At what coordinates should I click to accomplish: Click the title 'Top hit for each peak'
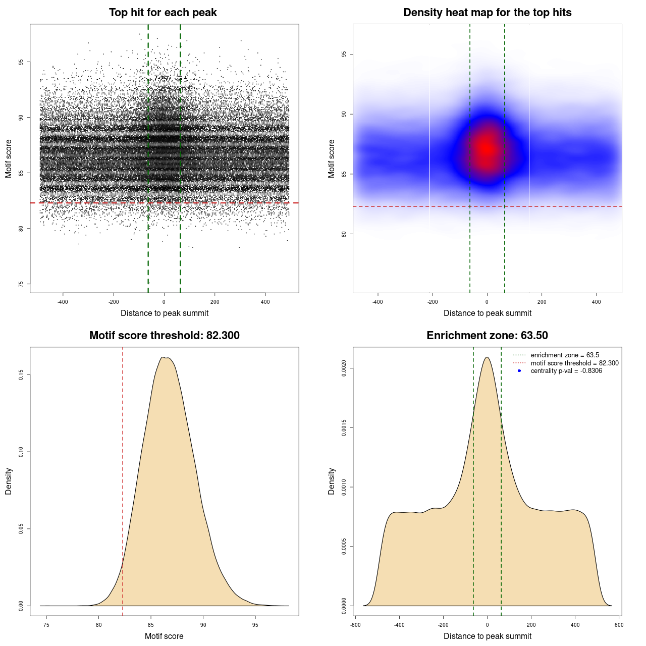(163, 13)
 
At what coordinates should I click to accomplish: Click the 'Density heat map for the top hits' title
(487, 13)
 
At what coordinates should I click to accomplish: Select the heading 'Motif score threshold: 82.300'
(164, 336)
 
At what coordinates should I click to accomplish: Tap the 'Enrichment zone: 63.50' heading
(487, 336)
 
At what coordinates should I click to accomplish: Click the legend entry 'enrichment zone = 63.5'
(564, 355)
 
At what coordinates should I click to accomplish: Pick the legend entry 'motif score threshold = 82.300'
(574, 363)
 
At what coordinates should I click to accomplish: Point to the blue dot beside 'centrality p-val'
(519, 371)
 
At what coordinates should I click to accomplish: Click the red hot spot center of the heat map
(486, 149)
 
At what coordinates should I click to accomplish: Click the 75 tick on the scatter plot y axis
(21, 284)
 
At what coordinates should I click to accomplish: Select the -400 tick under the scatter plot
(63, 302)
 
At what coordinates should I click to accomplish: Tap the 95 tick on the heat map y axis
(344, 54)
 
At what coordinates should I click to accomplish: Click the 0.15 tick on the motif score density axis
(21, 375)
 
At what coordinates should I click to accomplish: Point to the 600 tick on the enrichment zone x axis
(619, 625)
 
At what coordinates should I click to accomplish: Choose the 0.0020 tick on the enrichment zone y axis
(344, 368)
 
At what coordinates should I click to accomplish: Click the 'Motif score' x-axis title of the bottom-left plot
(164, 636)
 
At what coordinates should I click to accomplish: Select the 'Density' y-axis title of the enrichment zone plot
(332, 481)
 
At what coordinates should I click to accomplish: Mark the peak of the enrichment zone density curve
(487, 357)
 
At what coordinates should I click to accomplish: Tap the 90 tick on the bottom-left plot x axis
(203, 625)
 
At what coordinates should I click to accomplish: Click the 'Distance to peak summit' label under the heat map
(487, 313)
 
